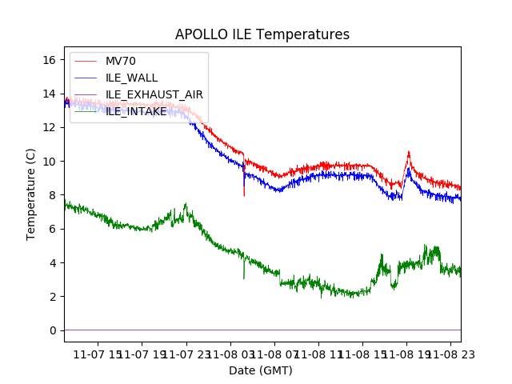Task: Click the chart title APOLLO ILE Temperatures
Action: (262, 34)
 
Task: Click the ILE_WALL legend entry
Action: (131, 78)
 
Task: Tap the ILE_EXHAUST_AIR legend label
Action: (154, 94)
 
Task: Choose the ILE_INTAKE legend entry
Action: (136, 111)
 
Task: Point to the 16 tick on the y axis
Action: (50, 60)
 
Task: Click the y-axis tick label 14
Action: (50, 94)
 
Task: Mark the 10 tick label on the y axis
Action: (50, 162)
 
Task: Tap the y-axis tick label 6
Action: (53, 229)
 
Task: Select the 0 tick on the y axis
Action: (53, 330)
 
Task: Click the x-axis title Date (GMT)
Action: (261, 370)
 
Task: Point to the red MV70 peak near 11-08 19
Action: (408, 151)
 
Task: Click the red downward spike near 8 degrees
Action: (244, 194)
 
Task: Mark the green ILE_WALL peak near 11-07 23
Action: (185, 204)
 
